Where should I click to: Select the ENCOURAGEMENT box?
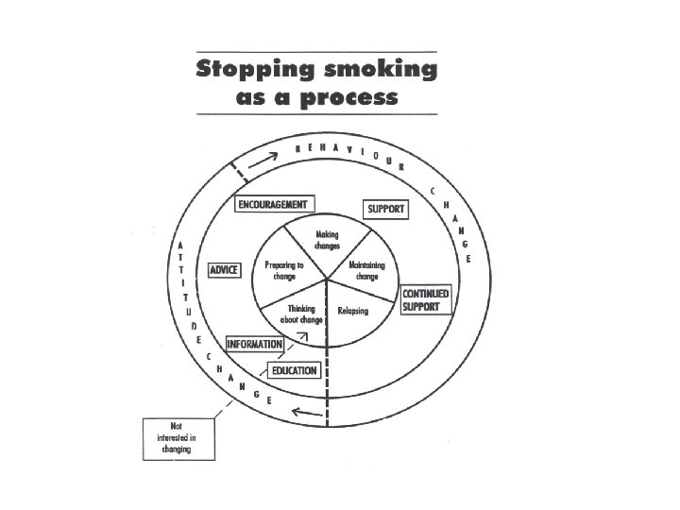[272, 204]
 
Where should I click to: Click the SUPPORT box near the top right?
[385, 209]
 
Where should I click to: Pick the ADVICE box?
[225, 270]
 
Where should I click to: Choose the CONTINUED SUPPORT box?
[425, 300]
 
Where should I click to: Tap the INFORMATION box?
[254, 344]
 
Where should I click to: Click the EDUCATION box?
[294, 370]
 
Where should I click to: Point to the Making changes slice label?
[327, 240]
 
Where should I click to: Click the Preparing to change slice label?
[284, 271]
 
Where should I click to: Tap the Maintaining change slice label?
[366, 271]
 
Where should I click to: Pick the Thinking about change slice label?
[301, 314]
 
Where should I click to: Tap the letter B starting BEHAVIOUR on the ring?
[299, 148]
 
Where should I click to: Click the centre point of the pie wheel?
[327, 280]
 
